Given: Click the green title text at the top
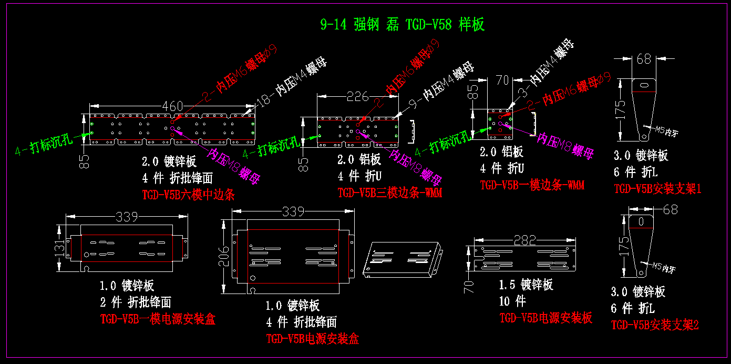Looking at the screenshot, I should point(402,24).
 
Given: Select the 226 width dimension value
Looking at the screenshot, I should point(357,96).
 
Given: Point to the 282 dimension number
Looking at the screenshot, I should point(524,240).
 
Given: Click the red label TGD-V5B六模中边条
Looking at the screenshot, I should point(188,195).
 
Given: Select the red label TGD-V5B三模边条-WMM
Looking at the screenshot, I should point(389,193).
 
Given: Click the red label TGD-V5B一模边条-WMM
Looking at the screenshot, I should point(532,185).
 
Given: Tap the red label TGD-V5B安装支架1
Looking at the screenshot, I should point(657,188).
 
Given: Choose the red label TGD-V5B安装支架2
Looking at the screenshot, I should point(655,325).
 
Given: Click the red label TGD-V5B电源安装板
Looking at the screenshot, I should point(545,318).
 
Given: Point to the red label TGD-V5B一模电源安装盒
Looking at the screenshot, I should point(158,319).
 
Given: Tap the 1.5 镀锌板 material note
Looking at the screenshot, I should point(526,285).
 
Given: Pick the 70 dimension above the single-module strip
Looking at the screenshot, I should point(503,80).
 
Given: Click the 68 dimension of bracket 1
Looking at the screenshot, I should point(644,59).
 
